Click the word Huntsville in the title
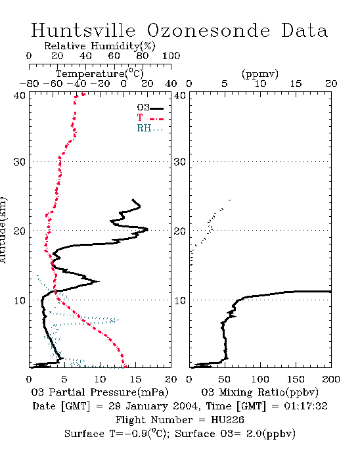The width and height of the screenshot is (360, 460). point(83,30)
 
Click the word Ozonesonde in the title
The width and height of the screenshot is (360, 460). point(208,30)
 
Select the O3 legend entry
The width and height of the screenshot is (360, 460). point(150,108)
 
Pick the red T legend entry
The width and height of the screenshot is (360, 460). point(150,118)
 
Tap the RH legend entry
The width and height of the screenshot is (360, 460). point(150,128)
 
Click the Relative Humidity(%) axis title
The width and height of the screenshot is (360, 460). point(100,46)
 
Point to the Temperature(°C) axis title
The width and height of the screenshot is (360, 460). point(100,74)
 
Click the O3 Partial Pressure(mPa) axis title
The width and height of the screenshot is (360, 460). point(100,392)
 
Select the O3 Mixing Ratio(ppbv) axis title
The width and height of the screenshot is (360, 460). point(259,392)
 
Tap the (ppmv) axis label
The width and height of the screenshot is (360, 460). point(260,74)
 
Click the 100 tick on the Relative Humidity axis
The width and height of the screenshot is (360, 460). point(171,56)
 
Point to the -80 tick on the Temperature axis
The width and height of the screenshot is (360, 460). point(29,83)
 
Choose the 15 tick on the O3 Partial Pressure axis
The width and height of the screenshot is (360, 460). point(135,379)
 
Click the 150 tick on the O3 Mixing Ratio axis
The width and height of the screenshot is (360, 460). point(296,379)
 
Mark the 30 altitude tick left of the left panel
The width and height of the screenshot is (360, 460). point(19,162)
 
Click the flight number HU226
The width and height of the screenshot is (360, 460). point(227,420)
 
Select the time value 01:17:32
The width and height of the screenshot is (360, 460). point(305,406)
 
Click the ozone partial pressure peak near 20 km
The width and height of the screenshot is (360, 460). point(147,229)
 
